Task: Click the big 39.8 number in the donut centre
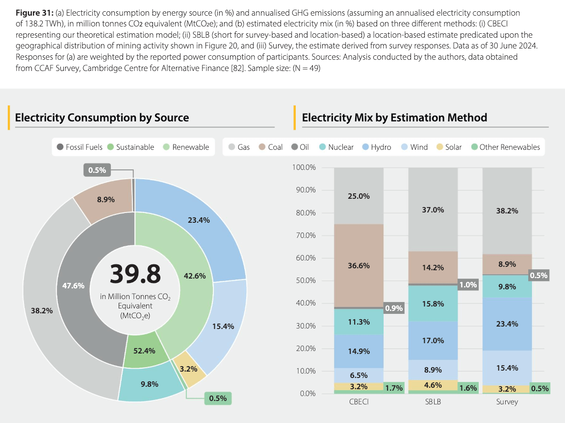click(135, 274)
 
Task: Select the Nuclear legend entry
click(336, 147)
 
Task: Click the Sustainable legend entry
click(130, 147)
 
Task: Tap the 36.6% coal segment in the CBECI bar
click(359, 265)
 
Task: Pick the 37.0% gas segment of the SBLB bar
click(433, 210)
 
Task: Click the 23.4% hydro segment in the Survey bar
click(507, 324)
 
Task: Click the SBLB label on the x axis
click(433, 402)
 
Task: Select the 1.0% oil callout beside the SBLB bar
click(467, 284)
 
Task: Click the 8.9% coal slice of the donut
click(106, 199)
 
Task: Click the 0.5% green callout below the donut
click(217, 398)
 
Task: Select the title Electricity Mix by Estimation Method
click(394, 117)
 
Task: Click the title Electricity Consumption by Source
click(102, 117)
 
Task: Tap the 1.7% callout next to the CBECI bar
click(394, 388)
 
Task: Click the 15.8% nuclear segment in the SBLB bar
click(433, 304)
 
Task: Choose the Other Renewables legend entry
click(505, 147)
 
